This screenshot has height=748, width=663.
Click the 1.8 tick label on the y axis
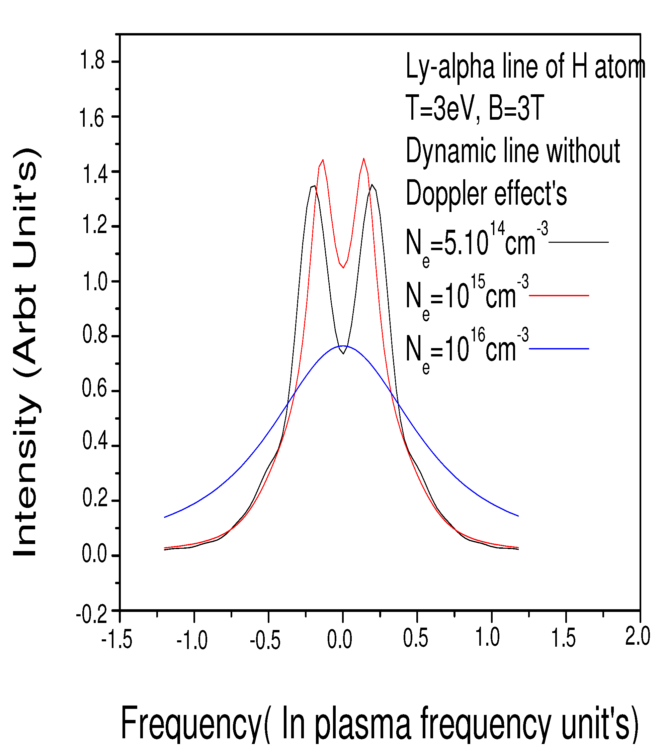click(x=92, y=61)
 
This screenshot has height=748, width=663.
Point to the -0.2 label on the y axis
click(x=92, y=615)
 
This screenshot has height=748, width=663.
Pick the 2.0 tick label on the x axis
click(x=637, y=637)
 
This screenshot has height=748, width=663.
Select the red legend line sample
click(x=559, y=295)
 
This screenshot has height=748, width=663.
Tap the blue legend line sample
click(x=559, y=349)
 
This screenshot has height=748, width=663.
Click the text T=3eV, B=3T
click(x=475, y=108)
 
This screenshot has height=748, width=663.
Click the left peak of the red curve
click(x=323, y=160)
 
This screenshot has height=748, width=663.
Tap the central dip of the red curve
click(x=343, y=268)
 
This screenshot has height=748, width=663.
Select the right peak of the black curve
click(x=372, y=185)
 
